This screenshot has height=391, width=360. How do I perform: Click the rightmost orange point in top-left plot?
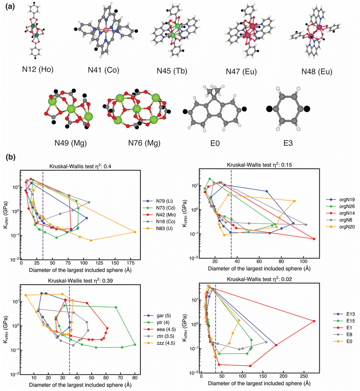(135, 232)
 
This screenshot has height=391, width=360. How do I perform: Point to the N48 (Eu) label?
(317, 71)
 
